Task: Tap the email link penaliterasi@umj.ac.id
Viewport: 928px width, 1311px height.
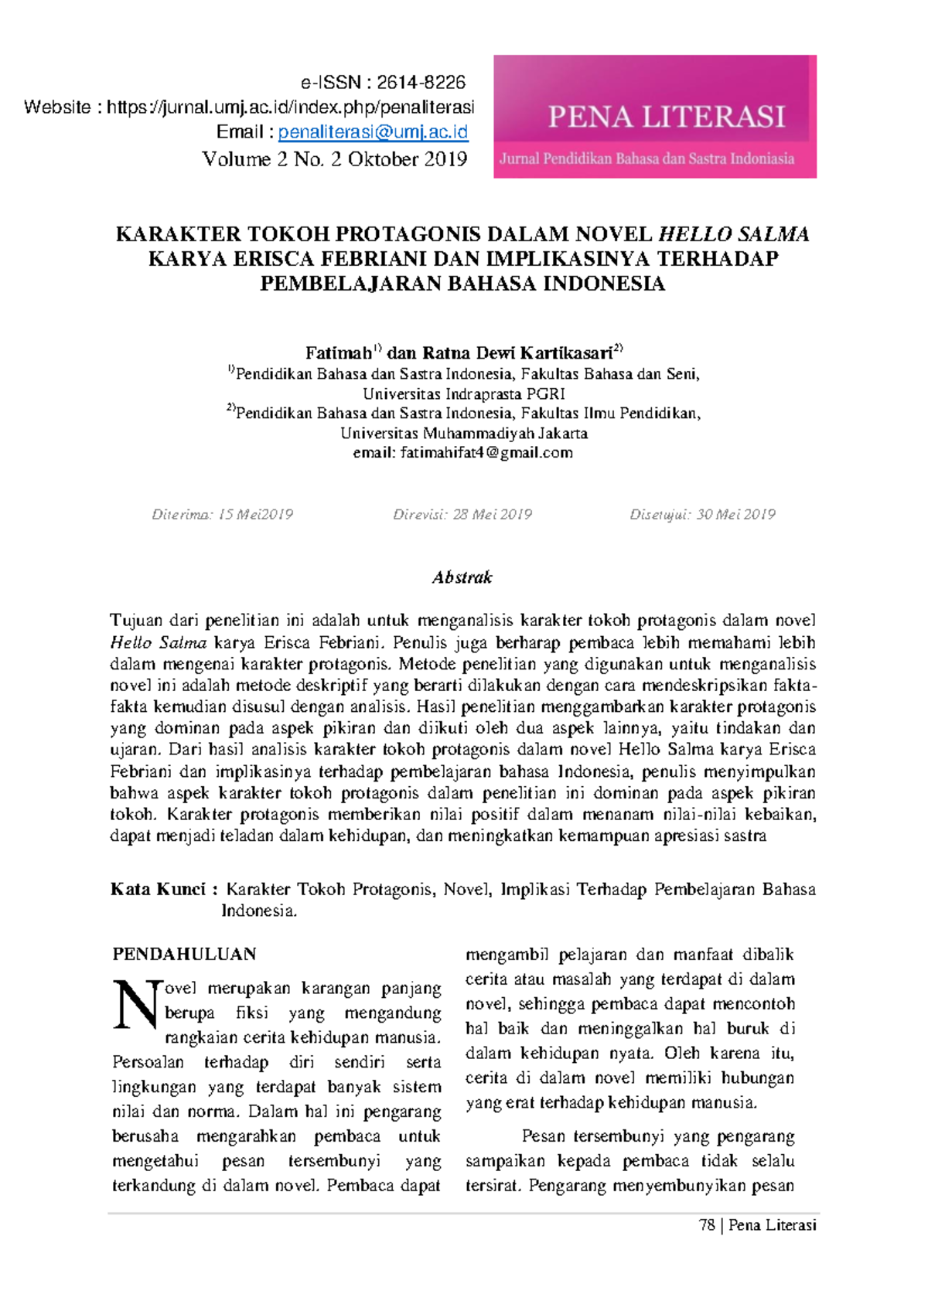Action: coord(373,132)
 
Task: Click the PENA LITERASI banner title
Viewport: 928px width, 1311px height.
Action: coord(666,117)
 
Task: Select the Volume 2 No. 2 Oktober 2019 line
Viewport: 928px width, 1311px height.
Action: coord(334,159)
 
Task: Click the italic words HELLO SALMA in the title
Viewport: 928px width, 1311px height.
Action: coord(733,234)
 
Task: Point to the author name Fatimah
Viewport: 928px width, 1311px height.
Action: coord(338,353)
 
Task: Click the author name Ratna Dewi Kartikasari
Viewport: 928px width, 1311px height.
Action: coord(517,353)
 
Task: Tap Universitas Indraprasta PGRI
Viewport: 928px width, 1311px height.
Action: coord(463,394)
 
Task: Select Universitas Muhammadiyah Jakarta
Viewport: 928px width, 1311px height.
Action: coord(463,434)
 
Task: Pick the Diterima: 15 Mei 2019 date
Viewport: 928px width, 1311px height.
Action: coord(223,515)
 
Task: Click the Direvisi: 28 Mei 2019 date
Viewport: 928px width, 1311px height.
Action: coord(462,515)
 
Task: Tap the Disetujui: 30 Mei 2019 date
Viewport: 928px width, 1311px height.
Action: coord(702,515)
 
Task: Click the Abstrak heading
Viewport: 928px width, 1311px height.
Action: coord(462,577)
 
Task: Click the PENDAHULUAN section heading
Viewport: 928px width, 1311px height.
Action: coord(184,955)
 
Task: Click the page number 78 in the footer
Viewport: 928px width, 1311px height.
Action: coord(706,1225)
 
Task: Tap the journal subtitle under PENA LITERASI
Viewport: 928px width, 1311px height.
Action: coord(647,159)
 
